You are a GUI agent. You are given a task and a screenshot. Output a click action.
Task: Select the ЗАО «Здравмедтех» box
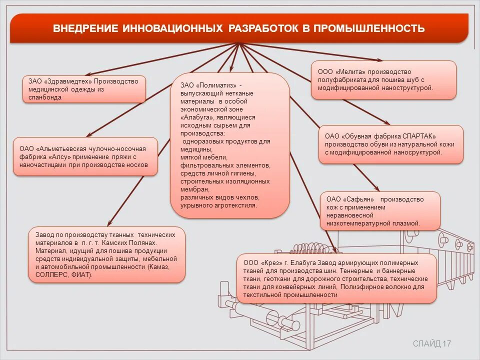pos(84,89)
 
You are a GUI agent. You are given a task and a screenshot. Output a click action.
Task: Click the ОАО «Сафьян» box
pos(380,211)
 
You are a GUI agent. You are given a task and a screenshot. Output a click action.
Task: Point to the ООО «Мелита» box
pos(383,79)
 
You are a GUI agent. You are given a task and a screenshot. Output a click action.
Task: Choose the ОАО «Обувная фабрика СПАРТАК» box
pos(390,144)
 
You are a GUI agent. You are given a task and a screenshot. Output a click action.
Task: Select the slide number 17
pos(447,343)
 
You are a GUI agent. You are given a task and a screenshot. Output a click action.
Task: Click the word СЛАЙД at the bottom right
pos(427,343)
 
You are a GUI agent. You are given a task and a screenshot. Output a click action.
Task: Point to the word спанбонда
pos(45,97)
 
